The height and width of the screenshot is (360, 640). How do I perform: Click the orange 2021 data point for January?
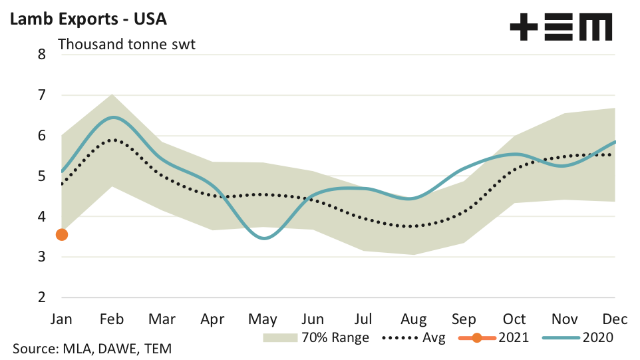click(62, 234)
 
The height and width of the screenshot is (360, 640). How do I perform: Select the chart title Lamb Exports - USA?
click(87, 18)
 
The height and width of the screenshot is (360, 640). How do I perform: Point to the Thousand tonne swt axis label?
click(126, 45)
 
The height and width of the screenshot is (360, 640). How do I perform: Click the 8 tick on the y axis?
click(42, 55)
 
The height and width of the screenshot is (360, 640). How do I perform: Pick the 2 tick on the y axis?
click(42, 297)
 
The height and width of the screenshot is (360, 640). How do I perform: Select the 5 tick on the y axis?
click(42, 176)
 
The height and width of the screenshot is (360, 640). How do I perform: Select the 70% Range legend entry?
click(316, 337)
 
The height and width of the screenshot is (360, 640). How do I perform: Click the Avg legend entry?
click(415, 337)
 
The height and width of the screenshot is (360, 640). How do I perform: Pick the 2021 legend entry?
click(494, 337)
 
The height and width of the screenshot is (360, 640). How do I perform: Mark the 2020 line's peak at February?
click(113, 117)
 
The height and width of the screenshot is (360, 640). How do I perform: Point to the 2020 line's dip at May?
click(265, 238)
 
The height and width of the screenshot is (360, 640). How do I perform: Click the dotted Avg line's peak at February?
click(113, 140)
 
